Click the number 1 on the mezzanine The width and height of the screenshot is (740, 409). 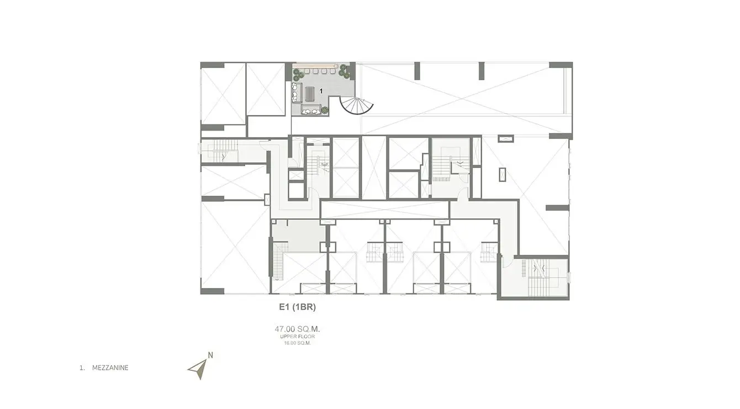click(321, 91)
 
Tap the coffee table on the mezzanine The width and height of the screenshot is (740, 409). click(310, 93)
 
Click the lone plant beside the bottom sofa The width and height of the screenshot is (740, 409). click(325, 109)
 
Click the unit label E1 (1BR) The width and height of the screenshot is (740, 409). click(297, 307)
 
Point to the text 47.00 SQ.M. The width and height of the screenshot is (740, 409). click(297, 329)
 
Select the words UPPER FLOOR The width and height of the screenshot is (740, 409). click(297, 337)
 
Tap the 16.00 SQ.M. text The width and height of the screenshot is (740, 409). click(297, 343)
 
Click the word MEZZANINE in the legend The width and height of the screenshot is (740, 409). click(110, 368)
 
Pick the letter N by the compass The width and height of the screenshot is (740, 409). click(210, 355)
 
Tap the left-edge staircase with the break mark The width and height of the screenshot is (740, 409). click(219, 151)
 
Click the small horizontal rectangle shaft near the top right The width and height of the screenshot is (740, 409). click(506, 139)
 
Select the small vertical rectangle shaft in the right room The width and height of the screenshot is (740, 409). click(503, 174)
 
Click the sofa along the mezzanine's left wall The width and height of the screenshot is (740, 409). click(297, 92)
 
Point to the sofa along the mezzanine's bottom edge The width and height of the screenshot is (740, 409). click(310, 110)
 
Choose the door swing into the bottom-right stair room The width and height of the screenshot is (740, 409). click(508, 263)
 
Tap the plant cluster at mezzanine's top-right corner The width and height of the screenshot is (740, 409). click(344, 72)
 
